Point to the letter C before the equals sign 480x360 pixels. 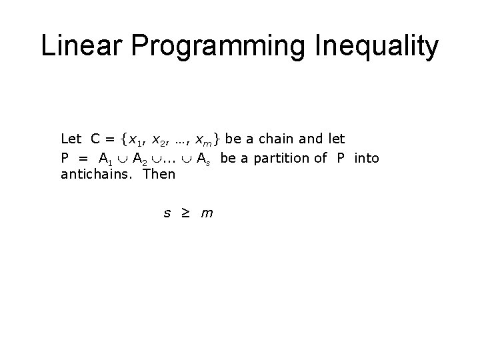(96, 139)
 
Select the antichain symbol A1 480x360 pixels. (105, 159)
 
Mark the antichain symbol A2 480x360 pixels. (140, 159)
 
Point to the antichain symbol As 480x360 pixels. (203, 159)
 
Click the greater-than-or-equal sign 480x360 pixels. (187, 213)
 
